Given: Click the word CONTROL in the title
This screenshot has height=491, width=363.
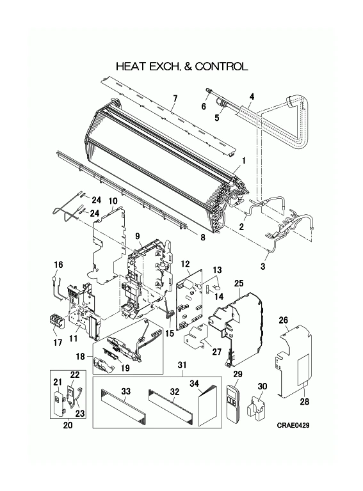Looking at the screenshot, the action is point(222,66).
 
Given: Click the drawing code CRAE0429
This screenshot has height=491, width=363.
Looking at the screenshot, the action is point(293,425).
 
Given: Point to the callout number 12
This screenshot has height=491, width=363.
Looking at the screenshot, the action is point(186,264).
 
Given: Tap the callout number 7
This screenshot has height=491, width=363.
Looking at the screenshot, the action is point(175,98).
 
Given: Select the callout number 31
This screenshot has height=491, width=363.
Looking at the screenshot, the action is point(182,365).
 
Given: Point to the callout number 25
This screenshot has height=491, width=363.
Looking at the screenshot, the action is point(239,284).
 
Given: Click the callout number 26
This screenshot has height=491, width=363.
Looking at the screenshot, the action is point(284,320).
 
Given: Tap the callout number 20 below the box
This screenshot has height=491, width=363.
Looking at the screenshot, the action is point(68,425).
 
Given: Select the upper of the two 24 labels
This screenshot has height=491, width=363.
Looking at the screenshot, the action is point(97,199).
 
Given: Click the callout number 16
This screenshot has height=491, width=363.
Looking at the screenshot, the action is point(58,265).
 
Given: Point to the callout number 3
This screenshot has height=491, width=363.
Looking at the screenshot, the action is point(262,267).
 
